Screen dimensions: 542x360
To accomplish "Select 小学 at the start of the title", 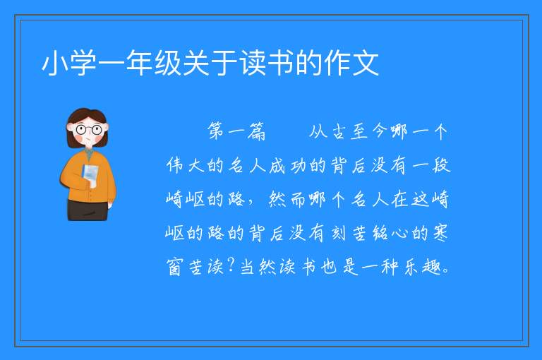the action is (x=69, y=63).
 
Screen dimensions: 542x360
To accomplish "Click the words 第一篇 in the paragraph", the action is (x=236, y=131).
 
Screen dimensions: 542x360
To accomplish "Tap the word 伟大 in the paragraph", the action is (x=186, y=165).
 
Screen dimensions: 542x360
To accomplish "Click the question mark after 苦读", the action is (x=231, y=265).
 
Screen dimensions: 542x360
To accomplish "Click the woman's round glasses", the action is (x=89, y=130).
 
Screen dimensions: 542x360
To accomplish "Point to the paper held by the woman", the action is (x=90, y=175).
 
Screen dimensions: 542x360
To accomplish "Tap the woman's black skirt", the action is (x=88, y=210).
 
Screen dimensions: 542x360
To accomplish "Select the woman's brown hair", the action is (x=86, y=118).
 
